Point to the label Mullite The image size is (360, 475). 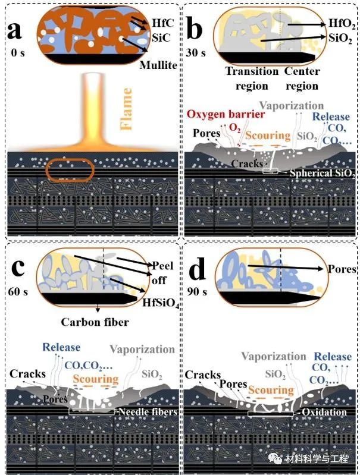pyautogui.click(x=158, y=65)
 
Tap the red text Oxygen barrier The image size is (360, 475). pyautogui.click(x=218, y=114)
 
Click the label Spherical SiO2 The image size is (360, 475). pyautogui.click(x=322, y=174)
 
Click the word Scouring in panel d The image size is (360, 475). pyautogui.click(x=271, y=391)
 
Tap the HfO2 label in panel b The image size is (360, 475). pyautogui.click(x=342, y=24)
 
